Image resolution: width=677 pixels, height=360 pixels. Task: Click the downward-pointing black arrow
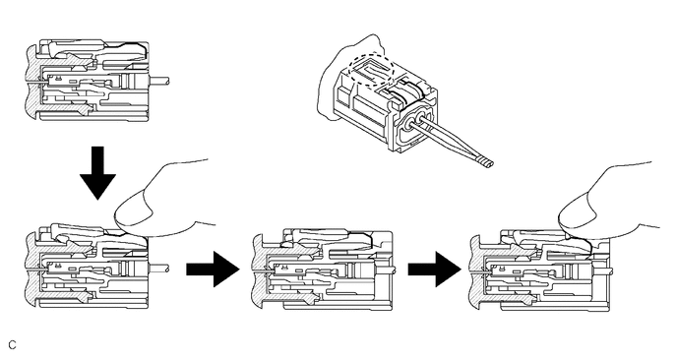pos(97,173)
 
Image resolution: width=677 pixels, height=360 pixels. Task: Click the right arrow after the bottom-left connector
pos(213,270)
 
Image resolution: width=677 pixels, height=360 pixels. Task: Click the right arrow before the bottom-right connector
pos(434,270)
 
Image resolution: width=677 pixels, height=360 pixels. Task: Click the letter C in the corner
pos(12,345)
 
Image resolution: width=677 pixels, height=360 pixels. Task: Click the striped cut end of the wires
pos(486,163)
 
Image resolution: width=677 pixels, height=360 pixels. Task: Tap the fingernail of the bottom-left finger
pos(134,214)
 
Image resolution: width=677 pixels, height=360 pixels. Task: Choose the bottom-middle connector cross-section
pos(323,270)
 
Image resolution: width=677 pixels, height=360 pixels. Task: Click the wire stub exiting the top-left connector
pos(158,81)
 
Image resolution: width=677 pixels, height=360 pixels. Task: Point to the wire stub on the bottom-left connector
pos(158,269)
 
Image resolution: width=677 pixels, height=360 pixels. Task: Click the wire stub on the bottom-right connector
pos(603,271)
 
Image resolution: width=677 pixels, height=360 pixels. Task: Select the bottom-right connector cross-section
pos(539,270)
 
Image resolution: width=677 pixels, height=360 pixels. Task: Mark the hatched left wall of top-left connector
pos(31,81)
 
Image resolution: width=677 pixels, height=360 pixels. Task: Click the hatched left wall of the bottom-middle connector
pos(258,270)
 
